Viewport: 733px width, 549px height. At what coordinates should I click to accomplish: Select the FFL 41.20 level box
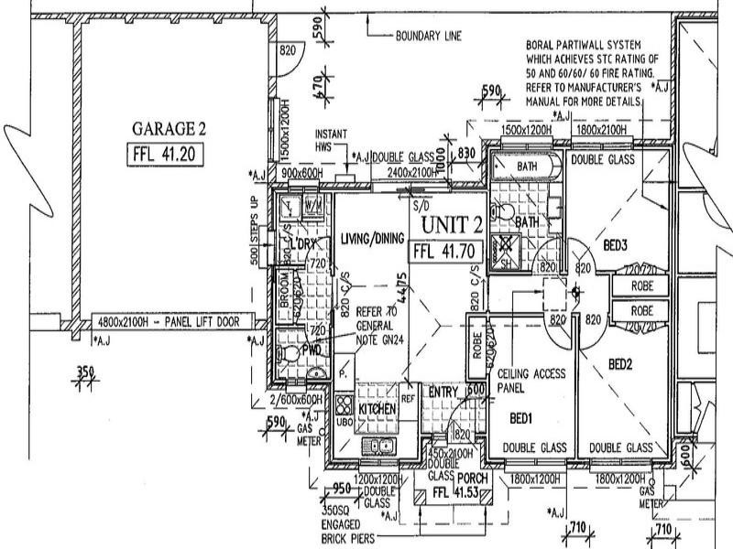pos(161,153)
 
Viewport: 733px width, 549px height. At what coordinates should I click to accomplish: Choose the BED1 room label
pos(522,418)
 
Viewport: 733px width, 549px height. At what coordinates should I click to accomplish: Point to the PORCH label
pos(474,479)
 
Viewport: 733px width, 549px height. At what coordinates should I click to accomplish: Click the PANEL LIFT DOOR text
pos(207,322)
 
